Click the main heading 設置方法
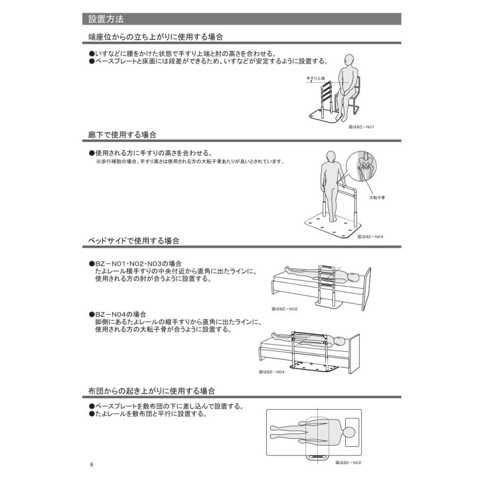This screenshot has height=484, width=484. [106, 20]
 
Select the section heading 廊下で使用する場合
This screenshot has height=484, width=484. [123, 134]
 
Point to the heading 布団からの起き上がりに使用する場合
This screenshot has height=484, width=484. [152, 389]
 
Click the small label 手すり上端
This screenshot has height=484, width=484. [316, 79]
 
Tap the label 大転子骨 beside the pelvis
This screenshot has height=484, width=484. [377, 197]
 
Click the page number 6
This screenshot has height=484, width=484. [92, 465]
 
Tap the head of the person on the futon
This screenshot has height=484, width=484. [348, 432]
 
